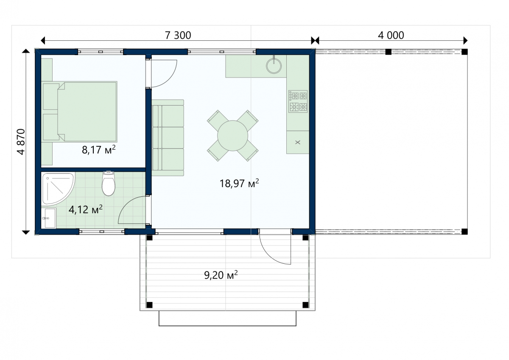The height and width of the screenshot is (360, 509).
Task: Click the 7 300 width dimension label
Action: (x=178, y=36)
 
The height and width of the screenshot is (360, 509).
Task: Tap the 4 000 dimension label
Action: (x=391, y=36)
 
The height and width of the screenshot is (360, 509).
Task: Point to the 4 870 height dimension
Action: (x=21, y=142)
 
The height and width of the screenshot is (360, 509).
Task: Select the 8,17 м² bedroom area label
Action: (x=98, y=150)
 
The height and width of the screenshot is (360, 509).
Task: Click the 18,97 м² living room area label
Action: (x=239, y=183)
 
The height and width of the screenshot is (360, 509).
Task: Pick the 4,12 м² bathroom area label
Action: (x=85, y=209)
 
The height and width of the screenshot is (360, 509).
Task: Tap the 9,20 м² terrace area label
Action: (x=221, y=275)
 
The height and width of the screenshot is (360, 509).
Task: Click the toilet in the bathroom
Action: (x=109, y=183)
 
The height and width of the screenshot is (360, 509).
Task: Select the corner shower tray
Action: (x=59, y=189)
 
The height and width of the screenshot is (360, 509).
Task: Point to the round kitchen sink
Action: (x=274, y=66)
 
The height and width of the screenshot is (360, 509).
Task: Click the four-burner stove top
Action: (x=298, y=101)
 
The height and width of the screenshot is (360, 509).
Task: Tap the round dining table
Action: (x=232, y=136)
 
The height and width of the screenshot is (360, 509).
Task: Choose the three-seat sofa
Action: (x=168, y=138)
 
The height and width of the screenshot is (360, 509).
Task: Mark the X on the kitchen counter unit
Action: (x=298, y=142)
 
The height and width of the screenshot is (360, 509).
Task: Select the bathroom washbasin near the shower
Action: (x=49, y=218)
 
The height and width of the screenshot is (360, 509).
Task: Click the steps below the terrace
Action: (x=227, y=318)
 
